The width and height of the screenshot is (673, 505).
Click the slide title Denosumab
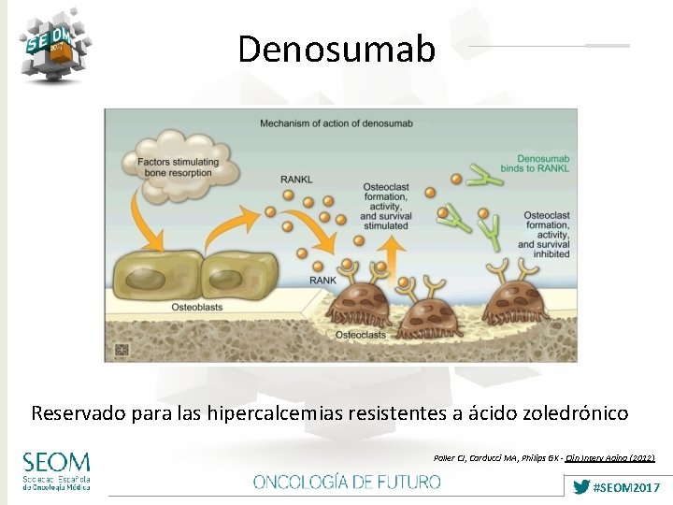(336, 49)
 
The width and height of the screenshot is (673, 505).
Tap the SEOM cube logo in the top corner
(55, 44)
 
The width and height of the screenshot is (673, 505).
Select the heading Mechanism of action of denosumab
(336, 123)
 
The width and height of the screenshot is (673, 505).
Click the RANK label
(322, 280)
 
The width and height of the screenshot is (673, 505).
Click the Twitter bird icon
(580, 487)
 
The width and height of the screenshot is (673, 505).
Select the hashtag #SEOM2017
(627, 487)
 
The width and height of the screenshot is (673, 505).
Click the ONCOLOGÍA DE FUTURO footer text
(347, 482)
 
